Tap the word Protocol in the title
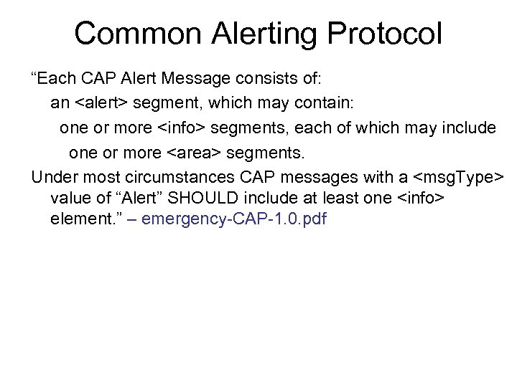coord(383,34)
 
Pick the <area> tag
coord(195,153)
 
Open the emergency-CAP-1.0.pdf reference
coord(234,219)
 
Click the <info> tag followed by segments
coord(180,128)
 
